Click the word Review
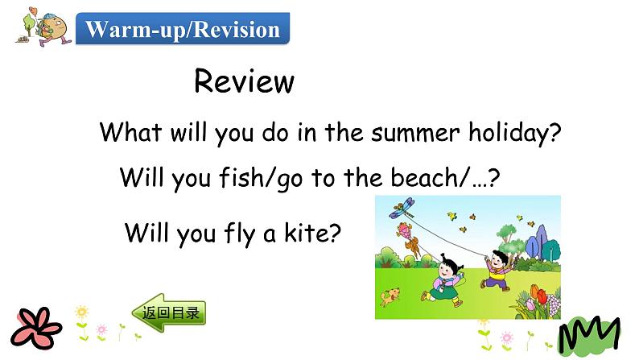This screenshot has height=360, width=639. tap(244, 81)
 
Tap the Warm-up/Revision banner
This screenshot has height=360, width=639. tap(183, 30)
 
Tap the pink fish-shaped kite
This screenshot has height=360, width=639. tap(410, 238)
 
